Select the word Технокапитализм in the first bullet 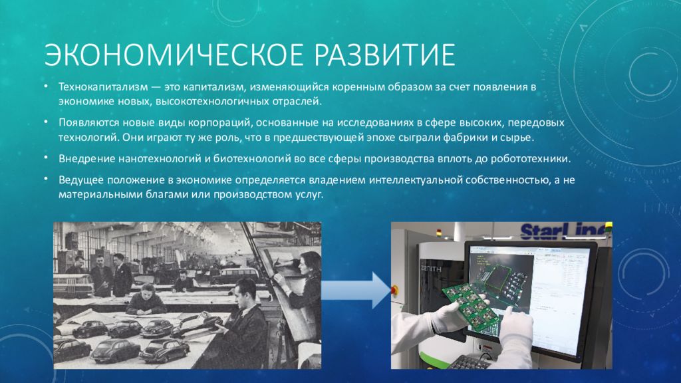(103, 87)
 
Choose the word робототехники (530, 159)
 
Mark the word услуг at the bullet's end (309, 195)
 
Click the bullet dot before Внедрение (46, 158)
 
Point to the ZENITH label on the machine (431, 269)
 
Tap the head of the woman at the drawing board (309, 263)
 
